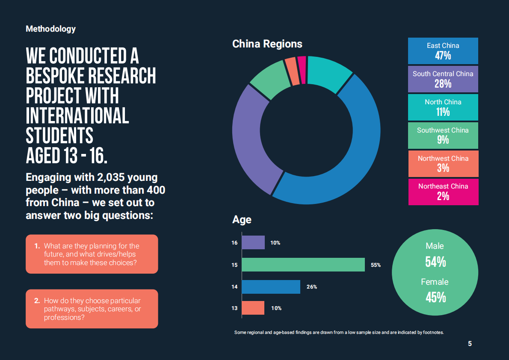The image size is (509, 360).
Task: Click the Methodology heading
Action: tap(50, 29)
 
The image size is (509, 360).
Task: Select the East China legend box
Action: tap(443, 51)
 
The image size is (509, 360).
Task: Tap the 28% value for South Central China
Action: tap(443, 84)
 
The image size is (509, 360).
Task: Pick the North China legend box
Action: tap(443, 107)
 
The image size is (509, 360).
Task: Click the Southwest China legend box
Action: tap(443, 135)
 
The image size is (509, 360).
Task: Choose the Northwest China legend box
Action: tap(443, 163)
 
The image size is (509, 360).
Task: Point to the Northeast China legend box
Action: tap(443, 191)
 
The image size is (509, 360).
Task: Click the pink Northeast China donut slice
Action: tap(302, 69)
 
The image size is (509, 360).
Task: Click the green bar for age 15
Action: tap(303, 265)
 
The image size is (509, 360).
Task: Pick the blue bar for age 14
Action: tap(271, 287)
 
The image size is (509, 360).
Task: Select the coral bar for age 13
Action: tap(253, 308)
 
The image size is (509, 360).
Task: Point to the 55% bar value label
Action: tap(376, 265)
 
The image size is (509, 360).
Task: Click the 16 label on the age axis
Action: tap(234, 243)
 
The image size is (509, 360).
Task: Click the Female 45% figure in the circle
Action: tap(435, 297)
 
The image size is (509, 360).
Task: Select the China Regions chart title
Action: tap(267, 44)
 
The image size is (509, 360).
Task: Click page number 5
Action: tap(470, 344)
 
